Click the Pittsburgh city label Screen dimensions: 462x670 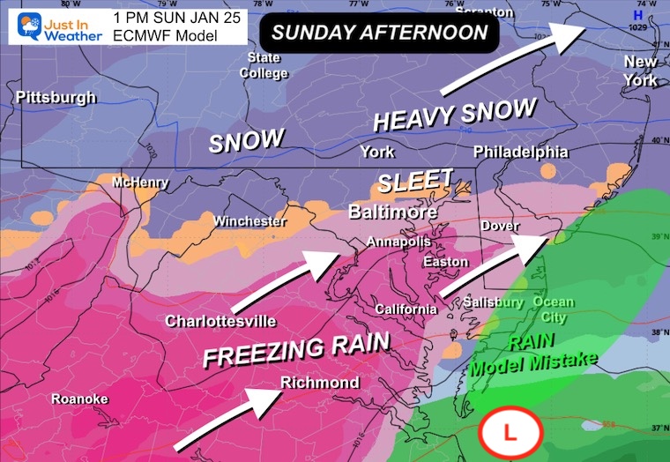coord(56,97)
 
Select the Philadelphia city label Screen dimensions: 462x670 coord(521,153)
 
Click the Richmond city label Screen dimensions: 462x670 coord(320,382)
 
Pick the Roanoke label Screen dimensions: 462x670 coord(79,399)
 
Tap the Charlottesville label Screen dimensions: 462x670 coord(221,321)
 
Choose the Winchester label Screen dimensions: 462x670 coord(250,221)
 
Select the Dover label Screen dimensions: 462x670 coord(500,226)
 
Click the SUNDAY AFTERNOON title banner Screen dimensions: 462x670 coord(379,34)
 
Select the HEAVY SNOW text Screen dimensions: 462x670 coord(455,114)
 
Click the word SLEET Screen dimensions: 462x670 coord(415,181)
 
